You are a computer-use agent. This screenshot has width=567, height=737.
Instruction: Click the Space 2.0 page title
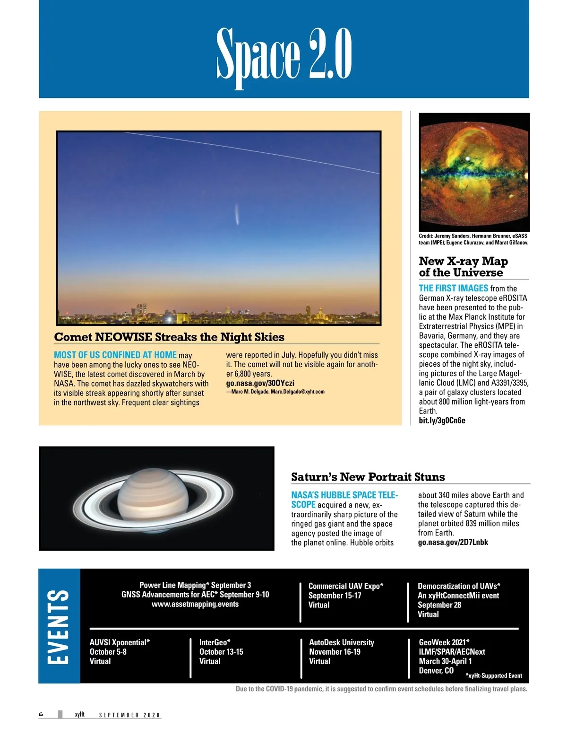pyautogui.click(x=284, y=54)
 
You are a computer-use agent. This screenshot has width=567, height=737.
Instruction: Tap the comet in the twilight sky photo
pyautogui.click(x=236, y=215)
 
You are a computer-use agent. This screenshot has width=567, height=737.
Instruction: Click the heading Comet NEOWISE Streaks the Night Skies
pyautogui.click(x=169, y=337)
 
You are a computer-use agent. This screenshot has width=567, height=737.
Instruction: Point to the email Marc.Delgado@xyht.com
pyautogui.click(x=297, y=392)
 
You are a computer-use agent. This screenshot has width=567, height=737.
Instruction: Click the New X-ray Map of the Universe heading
pyautogui.click(x=463, y=267)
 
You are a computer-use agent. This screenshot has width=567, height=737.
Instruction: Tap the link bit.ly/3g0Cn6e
pyautogui.click(x=442, y=421)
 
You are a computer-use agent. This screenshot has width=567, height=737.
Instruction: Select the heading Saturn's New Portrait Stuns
pyautogui.click(x=368, y=477)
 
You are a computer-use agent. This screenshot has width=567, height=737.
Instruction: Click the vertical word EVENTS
pyautogui.click(x=59, y=626)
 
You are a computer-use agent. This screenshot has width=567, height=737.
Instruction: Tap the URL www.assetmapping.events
pyautogui.click(x=195, y=604)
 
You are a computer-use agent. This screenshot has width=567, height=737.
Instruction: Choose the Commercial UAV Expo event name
pyautogui.click(x=346, y=586)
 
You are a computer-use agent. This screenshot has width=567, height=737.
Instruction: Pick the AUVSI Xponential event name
pyautogui.click(x=120, y=642)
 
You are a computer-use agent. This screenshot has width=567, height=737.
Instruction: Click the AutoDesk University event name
pyautogui.click(x=341, y=642)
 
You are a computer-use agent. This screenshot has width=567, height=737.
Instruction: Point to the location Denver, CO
pyautogui.click(x=436, y=671)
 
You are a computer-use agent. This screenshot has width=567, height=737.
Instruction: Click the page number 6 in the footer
pyautogui.click(x=41, y=714)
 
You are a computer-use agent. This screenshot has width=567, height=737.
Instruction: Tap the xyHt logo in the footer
pyautogui.click(x=79, y=714)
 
